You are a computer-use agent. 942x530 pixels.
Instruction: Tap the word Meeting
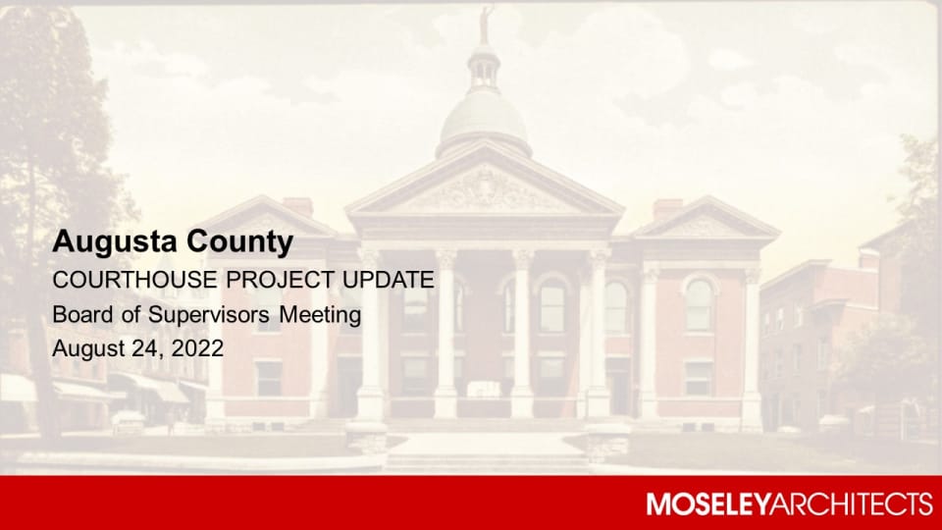pos(321,316)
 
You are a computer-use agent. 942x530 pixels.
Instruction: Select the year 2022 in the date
pos(192,348)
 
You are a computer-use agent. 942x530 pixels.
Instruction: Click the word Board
pos(78,315)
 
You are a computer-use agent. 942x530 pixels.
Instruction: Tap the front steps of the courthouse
pos(485,447)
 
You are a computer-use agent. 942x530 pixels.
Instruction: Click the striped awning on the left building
pos(157,390)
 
